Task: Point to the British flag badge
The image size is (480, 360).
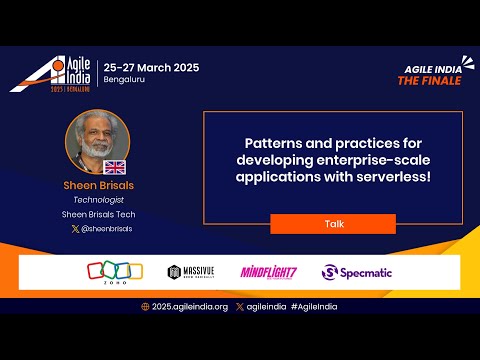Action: pyautogui.click(x=114, y=167)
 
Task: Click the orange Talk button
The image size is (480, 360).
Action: pyautogui.click(x=333, y=224)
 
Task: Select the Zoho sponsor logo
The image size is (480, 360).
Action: pyautogui.click(x=108, y=271)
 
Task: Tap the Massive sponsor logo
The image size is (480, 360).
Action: pyautogui.click(x=189, y=272)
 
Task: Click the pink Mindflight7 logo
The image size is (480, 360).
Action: pyautogui.click(x=267, y=272)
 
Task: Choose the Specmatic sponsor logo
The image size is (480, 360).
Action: pyautogui.click(x=357, y=272)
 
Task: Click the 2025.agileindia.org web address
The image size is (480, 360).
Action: pyautogui.click(x=190, y=306)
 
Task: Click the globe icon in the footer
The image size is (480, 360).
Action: pyautogui.click(x=146, y=306)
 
